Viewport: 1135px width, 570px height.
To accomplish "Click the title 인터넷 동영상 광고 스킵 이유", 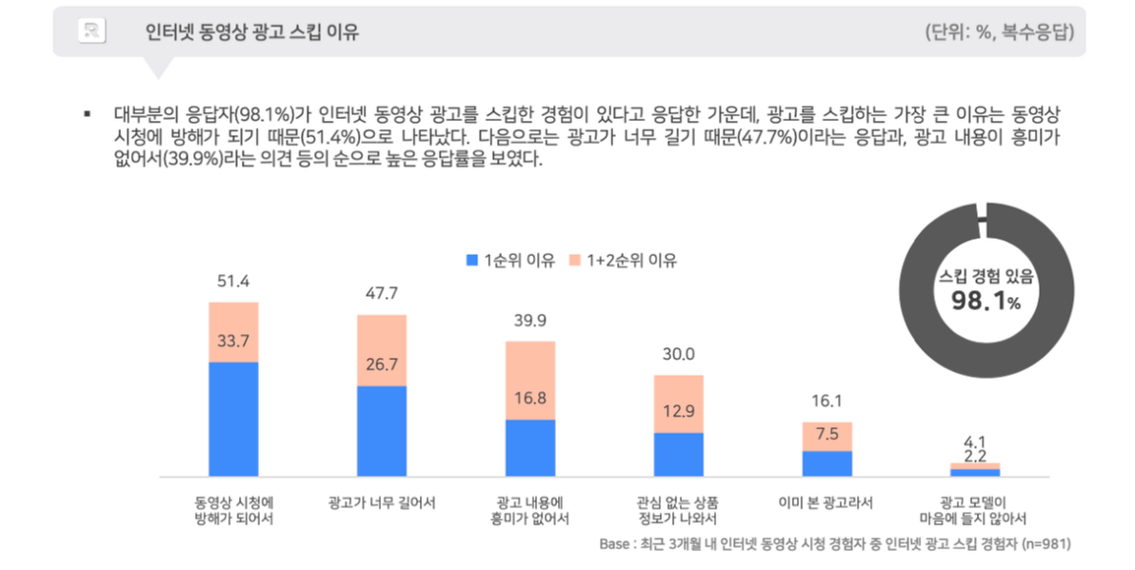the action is point(252,31).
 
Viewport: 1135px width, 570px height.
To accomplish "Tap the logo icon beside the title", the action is point(92,30).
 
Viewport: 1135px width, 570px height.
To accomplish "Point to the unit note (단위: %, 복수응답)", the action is point(1000,31).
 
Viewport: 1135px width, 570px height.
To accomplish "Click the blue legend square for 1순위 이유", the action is point(472,260).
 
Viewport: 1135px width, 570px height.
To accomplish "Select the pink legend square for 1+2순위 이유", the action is point(575,260).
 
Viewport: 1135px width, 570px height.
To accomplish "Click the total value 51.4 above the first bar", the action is point(233,281).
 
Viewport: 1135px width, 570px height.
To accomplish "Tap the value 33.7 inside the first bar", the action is point(233,341).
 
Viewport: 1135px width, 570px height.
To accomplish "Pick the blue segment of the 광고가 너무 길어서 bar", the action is point(382,431).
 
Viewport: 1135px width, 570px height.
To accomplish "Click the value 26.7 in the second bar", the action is point(382,364).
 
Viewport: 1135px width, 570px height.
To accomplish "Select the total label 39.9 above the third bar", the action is point(529,321).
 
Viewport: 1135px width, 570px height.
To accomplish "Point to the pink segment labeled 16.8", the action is point(530,381).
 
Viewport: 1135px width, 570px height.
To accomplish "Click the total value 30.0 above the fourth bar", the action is point(678,354).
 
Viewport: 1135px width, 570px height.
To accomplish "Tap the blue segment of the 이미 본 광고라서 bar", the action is point(827,463).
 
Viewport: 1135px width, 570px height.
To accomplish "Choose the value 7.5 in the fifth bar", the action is point(826,433).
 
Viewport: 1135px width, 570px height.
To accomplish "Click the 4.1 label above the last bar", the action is point(975,442).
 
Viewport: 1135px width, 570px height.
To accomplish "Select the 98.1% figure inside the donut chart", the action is point(986,300).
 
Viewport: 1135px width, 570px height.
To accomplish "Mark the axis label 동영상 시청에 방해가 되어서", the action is point(233,510).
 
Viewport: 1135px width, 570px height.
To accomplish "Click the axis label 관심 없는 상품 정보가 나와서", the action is point(678,510).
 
